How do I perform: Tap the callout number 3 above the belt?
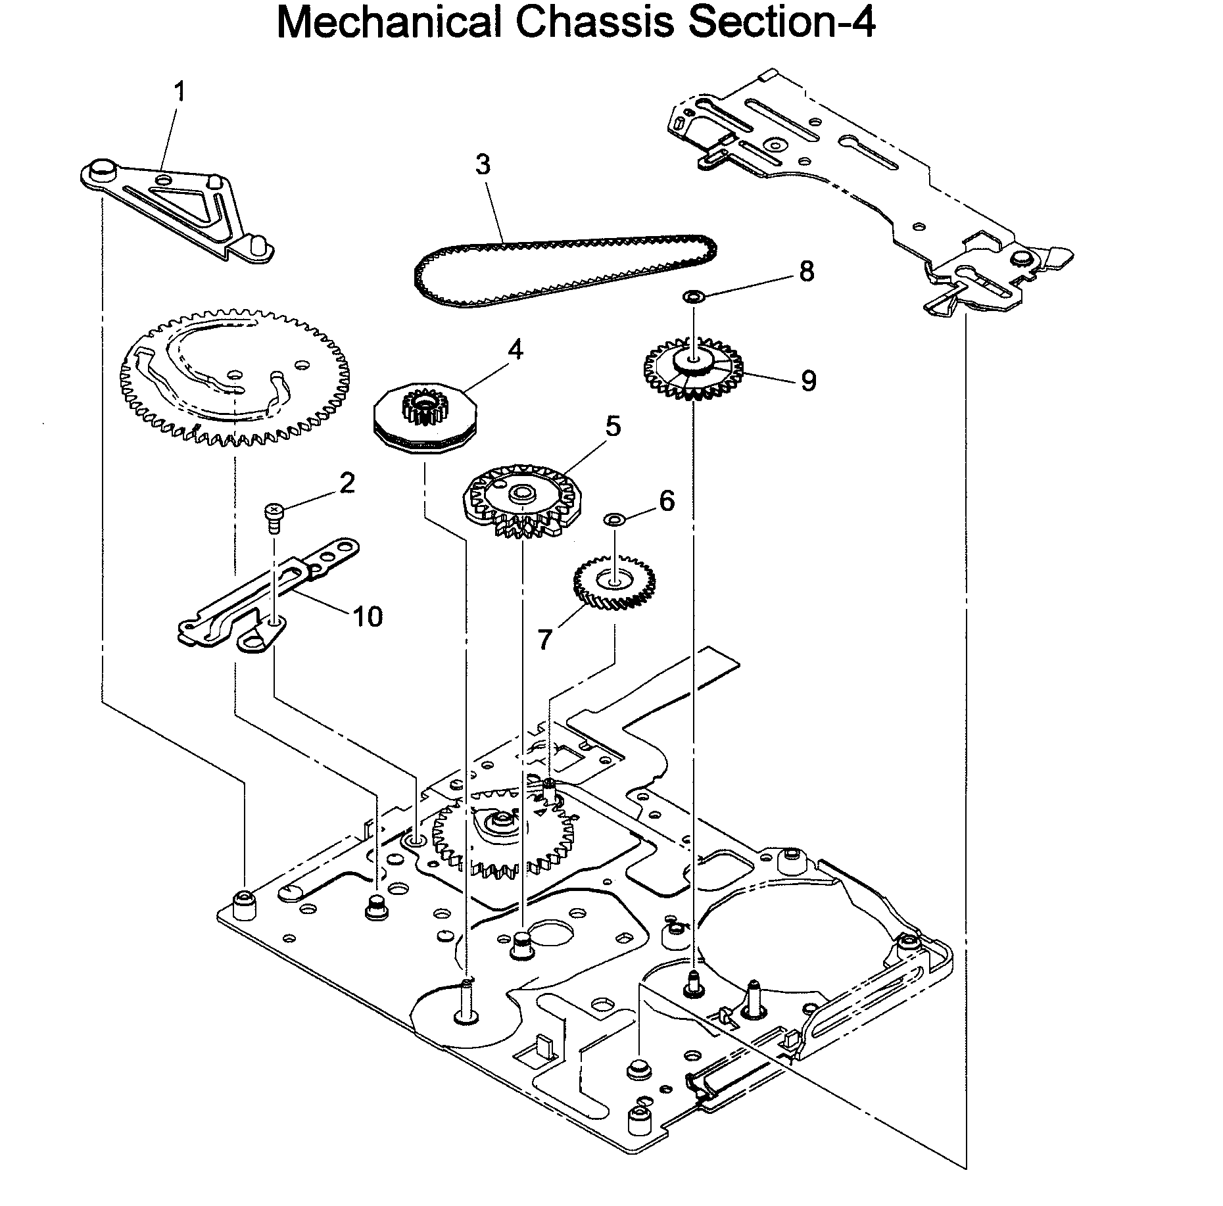(483, 164)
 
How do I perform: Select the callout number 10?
(368, 616)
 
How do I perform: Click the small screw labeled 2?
(272, 514)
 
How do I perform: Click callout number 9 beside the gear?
(808, 380)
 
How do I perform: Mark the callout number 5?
(613, 426)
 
